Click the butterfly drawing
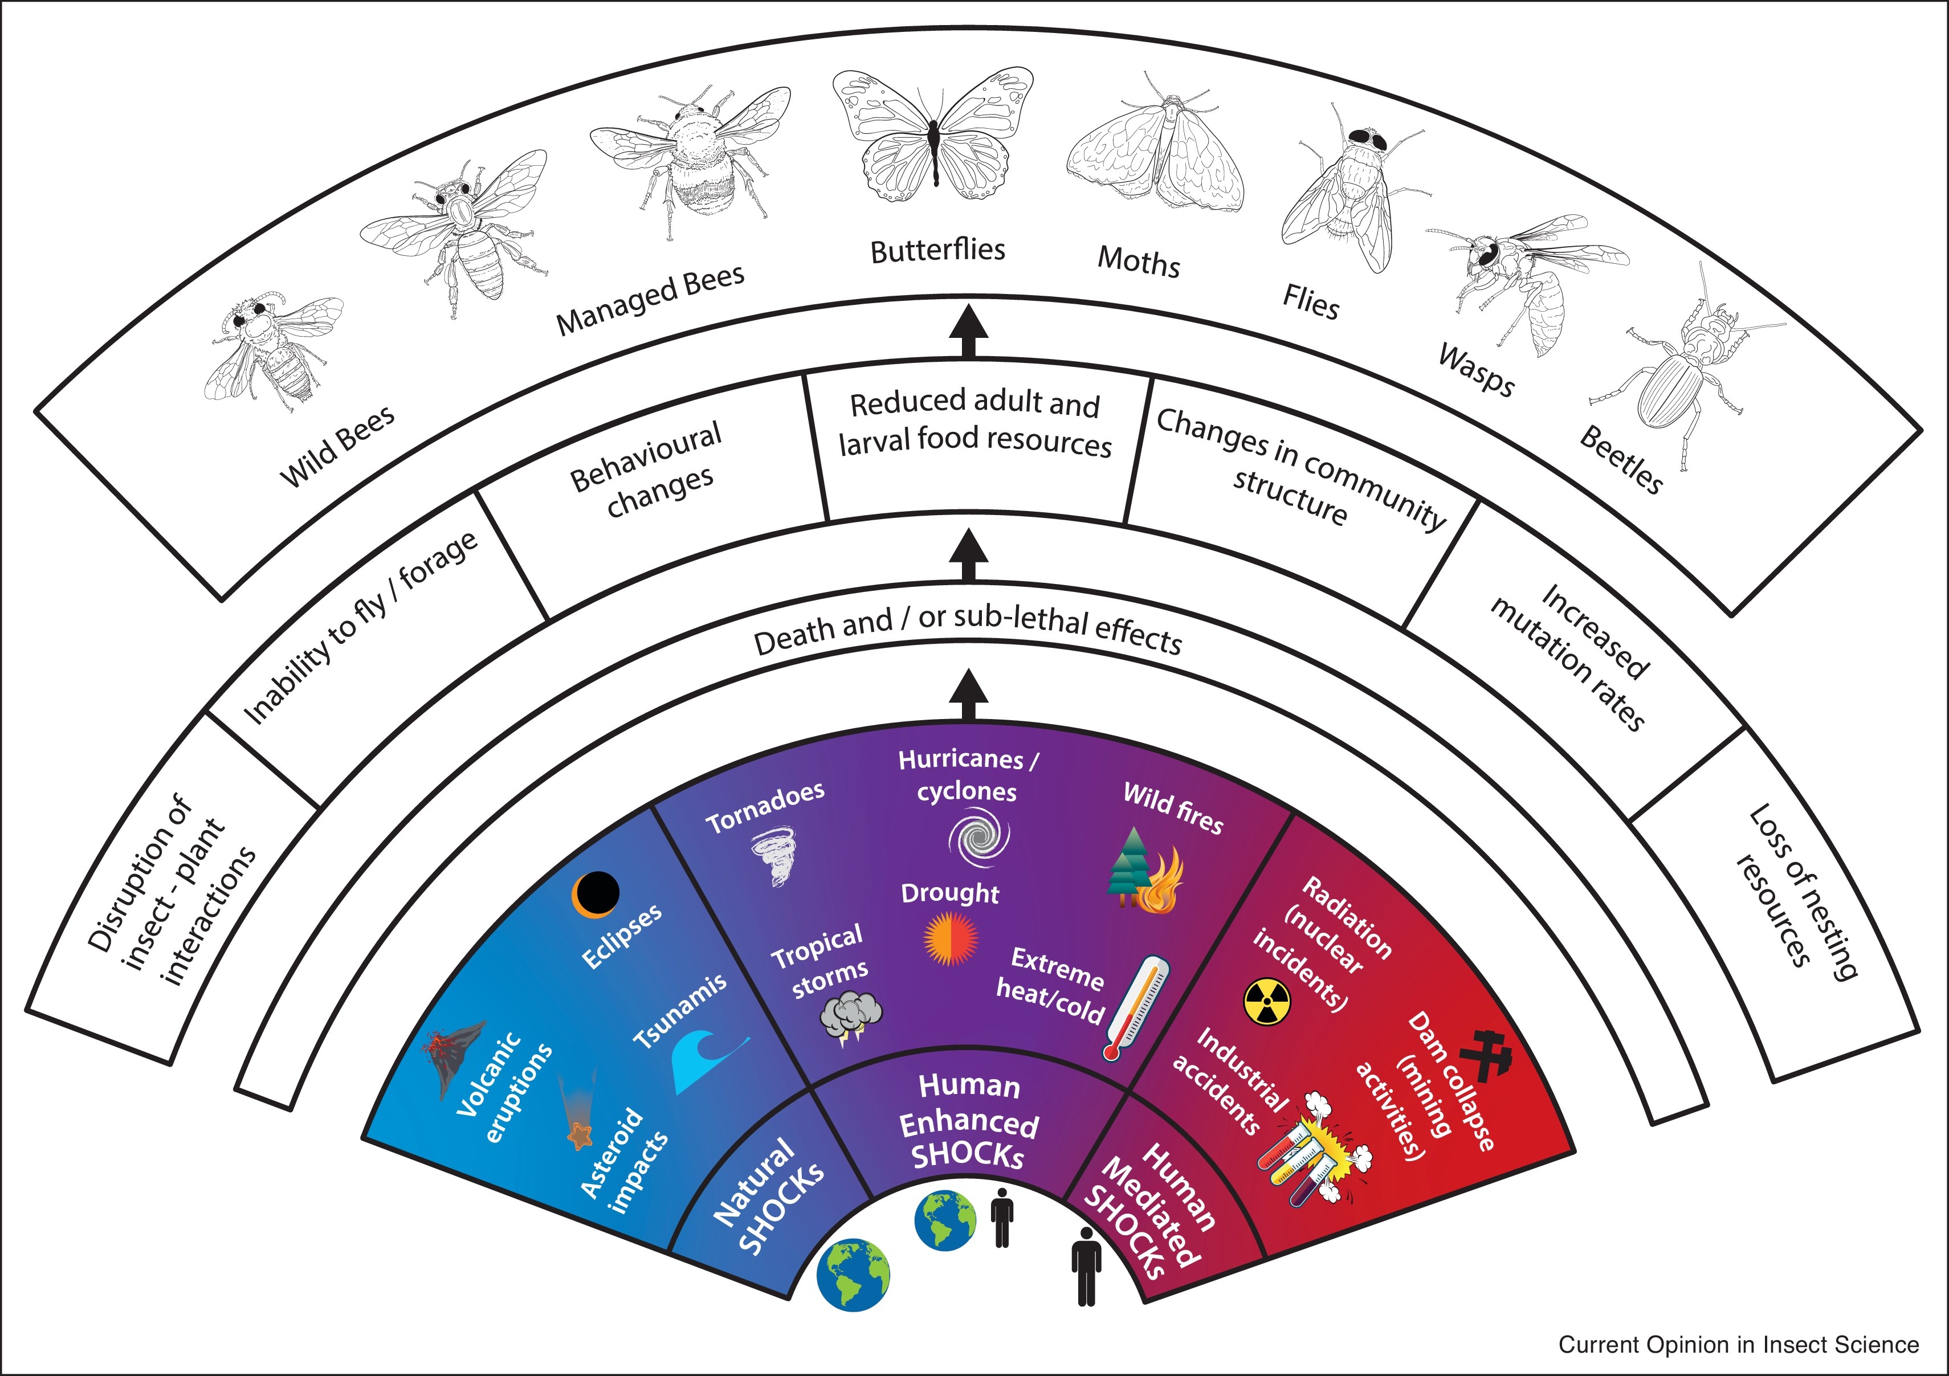[933, 136]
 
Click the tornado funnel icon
[774, 858]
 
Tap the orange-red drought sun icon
[951, 939]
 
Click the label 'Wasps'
[1476, 371]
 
